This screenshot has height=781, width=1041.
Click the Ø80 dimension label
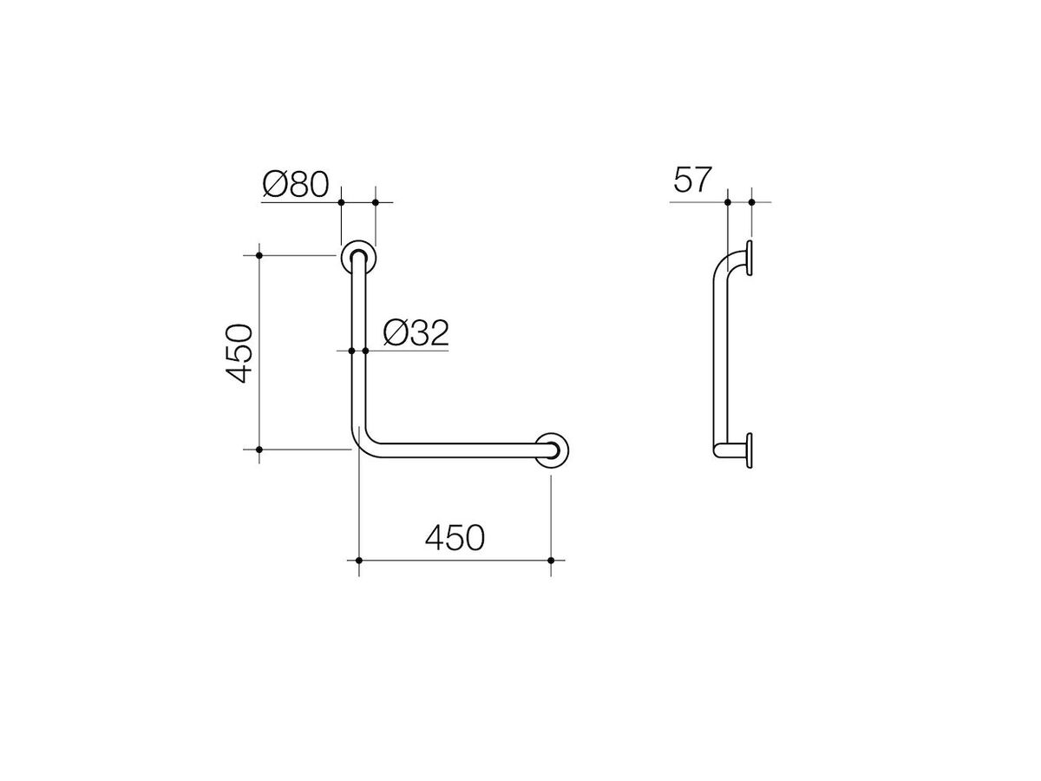point(295,184)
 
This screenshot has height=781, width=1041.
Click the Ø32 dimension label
point(416,333)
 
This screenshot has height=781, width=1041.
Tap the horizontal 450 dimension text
point(455,538)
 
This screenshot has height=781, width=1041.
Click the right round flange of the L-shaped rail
point(552,450)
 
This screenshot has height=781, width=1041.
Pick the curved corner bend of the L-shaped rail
point(362,441)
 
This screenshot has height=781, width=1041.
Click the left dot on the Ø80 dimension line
point(341,202)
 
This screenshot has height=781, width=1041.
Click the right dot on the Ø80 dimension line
point(376,202)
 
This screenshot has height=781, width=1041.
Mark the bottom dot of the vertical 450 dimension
point(259,450)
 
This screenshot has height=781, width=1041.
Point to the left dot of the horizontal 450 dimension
point(358,561)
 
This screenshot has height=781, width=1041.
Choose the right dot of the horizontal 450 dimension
point(552,561)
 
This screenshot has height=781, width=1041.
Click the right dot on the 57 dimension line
point(750,202)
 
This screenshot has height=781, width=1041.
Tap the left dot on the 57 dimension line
point(727,202)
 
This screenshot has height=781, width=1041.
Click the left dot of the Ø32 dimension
point(351,351)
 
